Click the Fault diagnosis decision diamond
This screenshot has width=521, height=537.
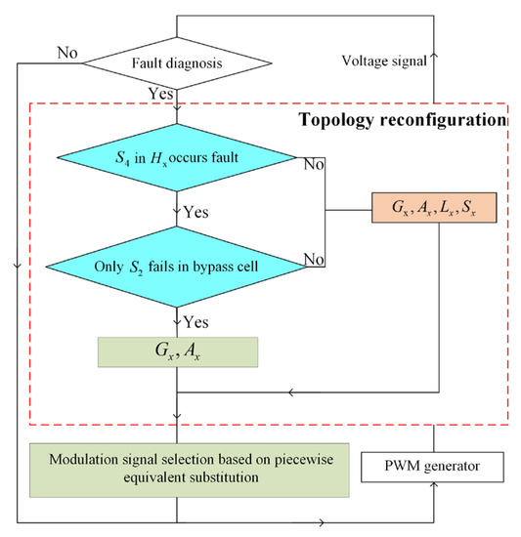176,64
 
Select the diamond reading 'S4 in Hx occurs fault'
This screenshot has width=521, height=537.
176,155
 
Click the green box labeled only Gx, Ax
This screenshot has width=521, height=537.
177,352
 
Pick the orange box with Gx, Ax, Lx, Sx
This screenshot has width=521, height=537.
434,209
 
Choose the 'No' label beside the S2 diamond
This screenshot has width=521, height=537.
312,259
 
